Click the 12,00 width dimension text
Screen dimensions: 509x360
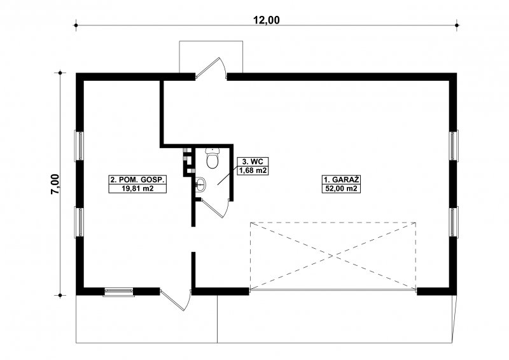click(266, 20)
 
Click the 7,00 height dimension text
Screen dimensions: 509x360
click(55, 184)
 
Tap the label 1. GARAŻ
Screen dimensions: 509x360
click(341, 180)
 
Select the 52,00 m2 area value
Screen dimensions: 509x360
click(341, 188)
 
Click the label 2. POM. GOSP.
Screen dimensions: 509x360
click(137, 180)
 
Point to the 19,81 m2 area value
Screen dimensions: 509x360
click(137, 188)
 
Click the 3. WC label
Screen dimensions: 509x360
click(253, 162)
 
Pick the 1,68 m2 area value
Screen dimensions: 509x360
click(253, 170)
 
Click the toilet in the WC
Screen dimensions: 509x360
click(213, 158)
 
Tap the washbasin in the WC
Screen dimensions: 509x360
click(201, 185)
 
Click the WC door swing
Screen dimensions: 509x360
click(214, 208)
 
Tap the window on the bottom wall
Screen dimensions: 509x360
click(118, 292)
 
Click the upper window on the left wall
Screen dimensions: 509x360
click(79, 146)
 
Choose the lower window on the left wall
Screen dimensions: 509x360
click(79, 222)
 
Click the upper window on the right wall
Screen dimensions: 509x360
click(454, 146)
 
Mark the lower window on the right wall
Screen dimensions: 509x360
click(454, 222)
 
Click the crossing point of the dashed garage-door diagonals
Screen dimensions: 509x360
click(333, 256)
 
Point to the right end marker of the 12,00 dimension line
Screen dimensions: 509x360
click(457, 25)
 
